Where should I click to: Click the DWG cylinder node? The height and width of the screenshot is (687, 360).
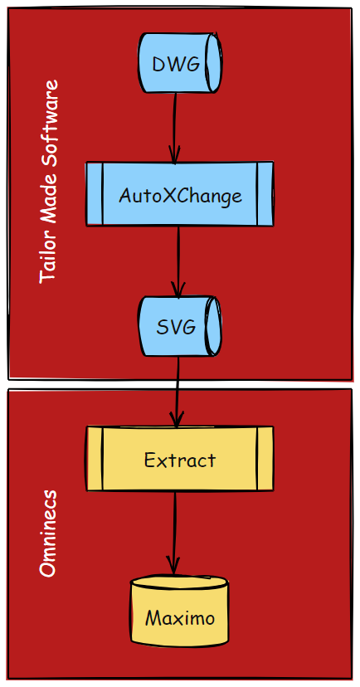click(x=180, y=63)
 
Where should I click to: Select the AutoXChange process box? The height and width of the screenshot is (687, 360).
click(x=179, y=194)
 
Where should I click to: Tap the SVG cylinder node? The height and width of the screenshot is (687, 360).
click(x=180, y=326)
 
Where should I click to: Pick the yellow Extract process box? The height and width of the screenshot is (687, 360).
click(x=179, y=458)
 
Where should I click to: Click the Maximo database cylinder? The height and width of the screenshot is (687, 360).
click(x=179, y=611)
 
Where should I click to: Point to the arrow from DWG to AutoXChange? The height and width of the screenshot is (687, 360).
click(x=175, y=128)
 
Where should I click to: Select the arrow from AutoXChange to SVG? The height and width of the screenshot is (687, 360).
click(x=178, y=261)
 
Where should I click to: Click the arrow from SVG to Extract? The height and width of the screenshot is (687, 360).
click(x=177, y=392)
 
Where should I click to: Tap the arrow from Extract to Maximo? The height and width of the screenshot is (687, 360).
click(x=174, y=534)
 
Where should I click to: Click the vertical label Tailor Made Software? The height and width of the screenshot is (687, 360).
click(x=49, y=182)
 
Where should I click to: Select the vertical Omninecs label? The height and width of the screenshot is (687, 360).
click(x=48, y=534)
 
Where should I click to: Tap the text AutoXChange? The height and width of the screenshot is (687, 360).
click(x=180, y=196)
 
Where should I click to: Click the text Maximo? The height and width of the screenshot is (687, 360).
click(x=180, y=618)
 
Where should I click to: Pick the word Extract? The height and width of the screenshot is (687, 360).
click(x=180, y=460)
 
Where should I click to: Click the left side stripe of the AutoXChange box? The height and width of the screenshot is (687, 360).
click(x=95, y=194)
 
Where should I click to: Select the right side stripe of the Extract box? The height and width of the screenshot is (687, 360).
click(x=265, y=458)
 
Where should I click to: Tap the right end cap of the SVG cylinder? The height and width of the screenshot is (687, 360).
click(x=214, y=326)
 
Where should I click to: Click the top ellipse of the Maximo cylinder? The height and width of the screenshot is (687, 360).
click(x=179, y=582)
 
